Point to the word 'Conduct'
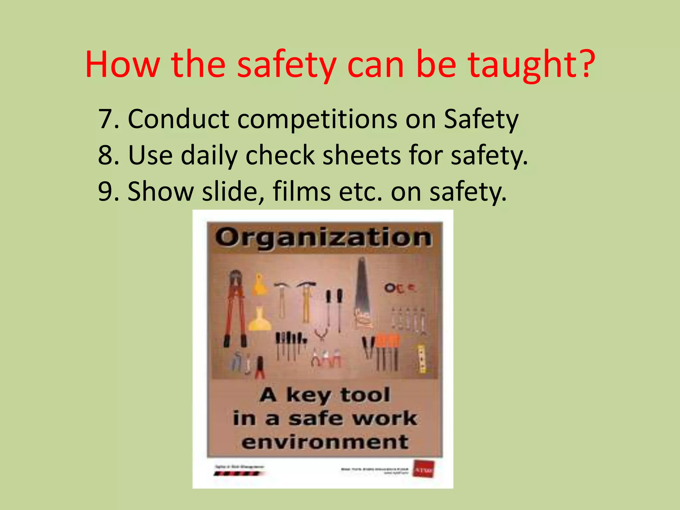point(178,119)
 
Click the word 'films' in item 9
point(301,192)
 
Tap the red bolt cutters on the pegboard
point(235,309)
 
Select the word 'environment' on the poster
point(325,442)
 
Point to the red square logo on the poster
point(423,469)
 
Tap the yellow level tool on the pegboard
point(421,359)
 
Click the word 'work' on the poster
point(384,418)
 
